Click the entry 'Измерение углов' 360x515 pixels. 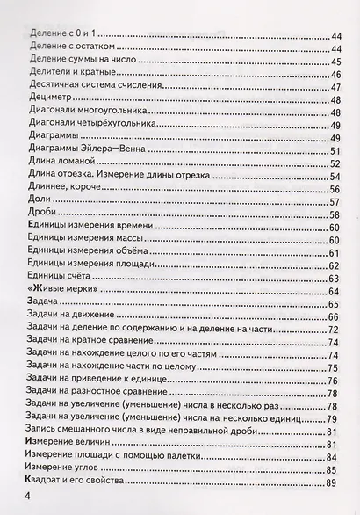pos(69,468)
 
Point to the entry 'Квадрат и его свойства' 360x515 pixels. pos(86,482)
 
